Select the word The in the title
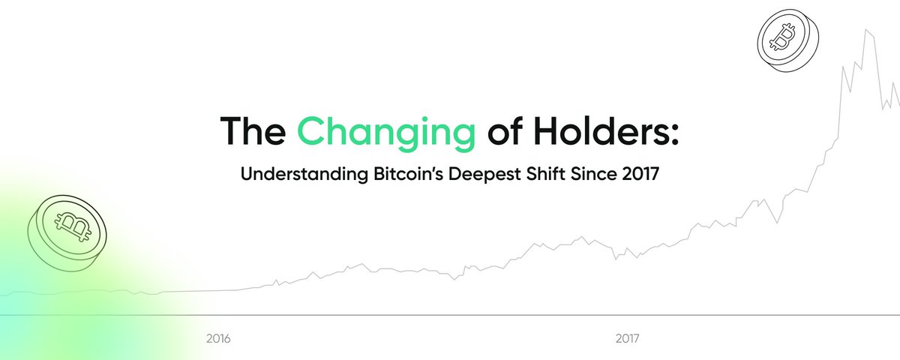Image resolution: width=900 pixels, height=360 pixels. pyautogui.click(x=251, y=132)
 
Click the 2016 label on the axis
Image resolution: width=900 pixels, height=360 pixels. pyautogui.click(x=218, y=339)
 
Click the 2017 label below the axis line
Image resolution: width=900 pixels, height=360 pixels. pyautogui.click(x=627, y=339)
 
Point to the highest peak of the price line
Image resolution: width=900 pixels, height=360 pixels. pyautogui.click(x=868, y=30)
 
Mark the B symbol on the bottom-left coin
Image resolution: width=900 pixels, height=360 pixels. pyautogui.click(x=72, y=223)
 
